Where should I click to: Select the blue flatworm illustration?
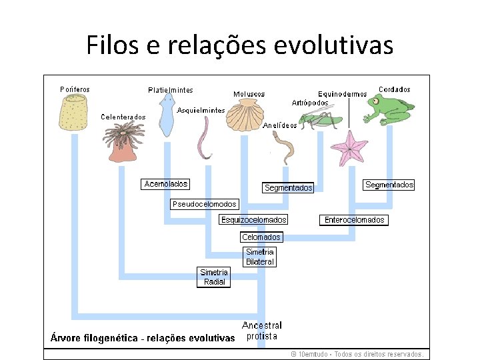[x=166, y=116]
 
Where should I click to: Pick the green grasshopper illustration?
[x=318, y=120]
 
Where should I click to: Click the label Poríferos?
[x=75, y=89]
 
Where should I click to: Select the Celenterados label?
[x=123, y=117]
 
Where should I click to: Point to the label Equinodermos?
[x=342, y=94]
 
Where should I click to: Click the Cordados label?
[x=394, y=89]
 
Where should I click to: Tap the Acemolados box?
[x=166, y=184]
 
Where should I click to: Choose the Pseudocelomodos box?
[x=204, y=204]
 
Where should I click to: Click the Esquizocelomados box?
[x=254, y=220]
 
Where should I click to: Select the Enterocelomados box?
[x=355, y=220]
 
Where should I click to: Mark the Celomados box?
[x=261, y=237]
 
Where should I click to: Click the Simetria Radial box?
[x=214, y=277]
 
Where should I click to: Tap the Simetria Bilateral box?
[x=260, y=257]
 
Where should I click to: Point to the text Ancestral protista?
[x=262, y=331]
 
